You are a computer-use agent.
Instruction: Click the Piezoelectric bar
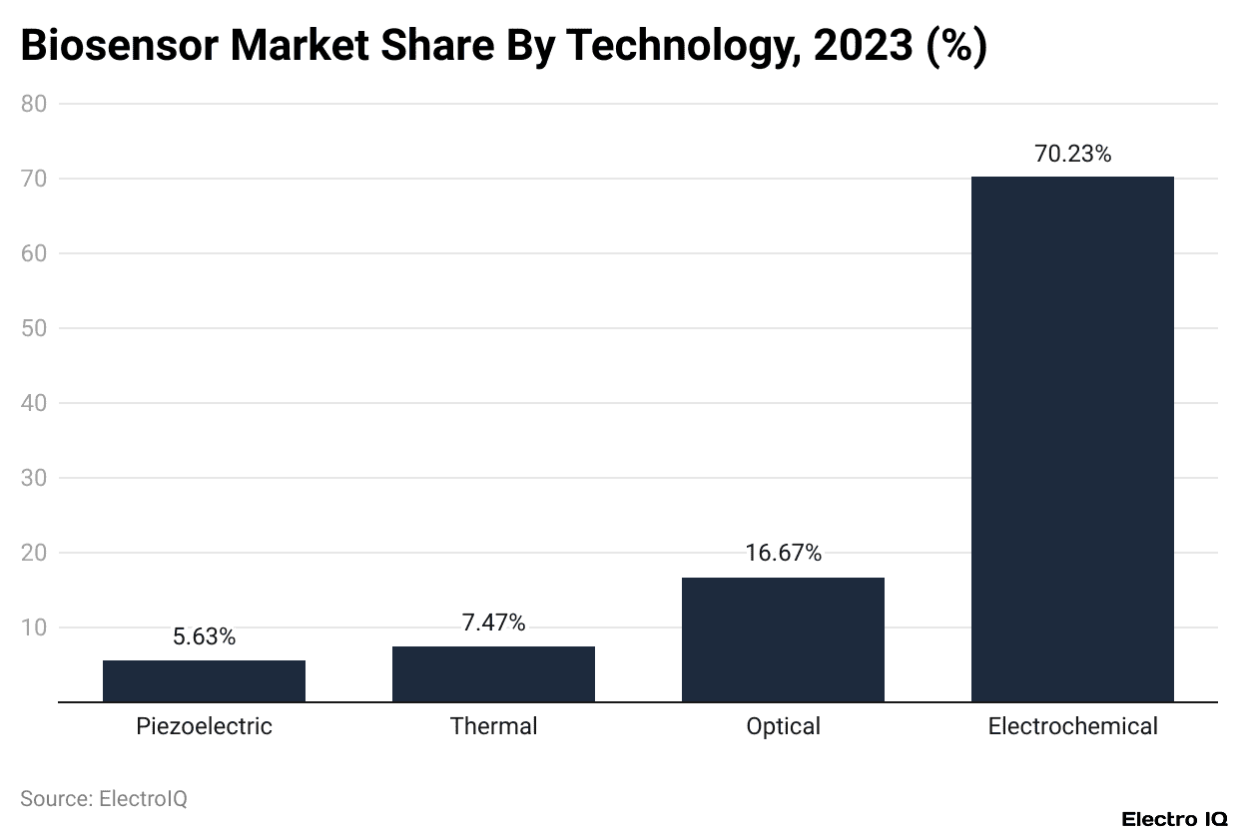(204, 680)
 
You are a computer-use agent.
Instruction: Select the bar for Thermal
(493, 673)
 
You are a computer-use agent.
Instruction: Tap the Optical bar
(783, 638)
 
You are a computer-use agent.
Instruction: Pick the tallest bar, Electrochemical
(1072, 439)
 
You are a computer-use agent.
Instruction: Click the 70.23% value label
(1072, 154)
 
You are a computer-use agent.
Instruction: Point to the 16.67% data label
(783, 553)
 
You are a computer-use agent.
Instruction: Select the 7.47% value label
(493, 623)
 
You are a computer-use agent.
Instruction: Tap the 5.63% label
(204, 636)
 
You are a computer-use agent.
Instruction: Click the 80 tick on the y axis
(34, 104)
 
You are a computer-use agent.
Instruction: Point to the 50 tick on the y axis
(34, 328)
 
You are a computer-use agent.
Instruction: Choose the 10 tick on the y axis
(34, 627)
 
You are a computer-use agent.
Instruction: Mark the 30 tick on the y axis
(34, 478)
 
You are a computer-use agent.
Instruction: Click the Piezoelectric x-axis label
(204, 726)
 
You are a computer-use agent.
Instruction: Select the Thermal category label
(493, 726)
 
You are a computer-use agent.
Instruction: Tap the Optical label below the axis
(783, 726)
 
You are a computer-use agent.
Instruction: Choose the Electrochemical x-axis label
(1072, 726)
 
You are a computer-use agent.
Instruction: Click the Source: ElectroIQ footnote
(104, 798)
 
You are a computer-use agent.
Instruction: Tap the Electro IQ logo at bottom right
(1174, 819)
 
